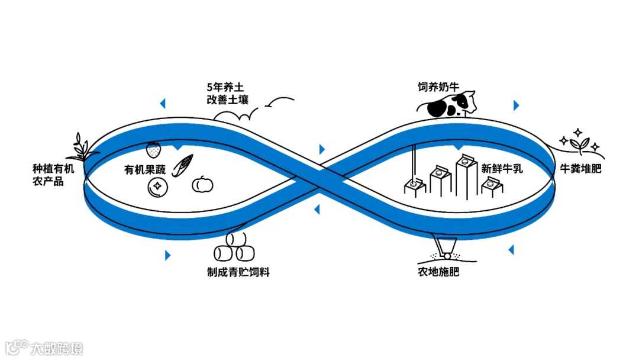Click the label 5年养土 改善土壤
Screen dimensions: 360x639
(x=227, y=92)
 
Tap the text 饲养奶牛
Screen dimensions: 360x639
(x=438, y=86)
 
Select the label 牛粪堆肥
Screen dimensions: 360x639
(x=580, y=169)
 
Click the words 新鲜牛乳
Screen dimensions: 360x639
(x=502, y=168)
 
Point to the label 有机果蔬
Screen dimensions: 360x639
(x=145, y=169)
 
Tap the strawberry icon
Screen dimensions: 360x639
(x=154, y=149)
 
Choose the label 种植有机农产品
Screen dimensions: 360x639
(x=53, y=175)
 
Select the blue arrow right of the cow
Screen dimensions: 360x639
(x=516, y=105)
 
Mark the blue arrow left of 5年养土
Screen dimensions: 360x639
(x=162, y=104)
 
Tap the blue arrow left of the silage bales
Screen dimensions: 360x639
(x=168, y=255)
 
